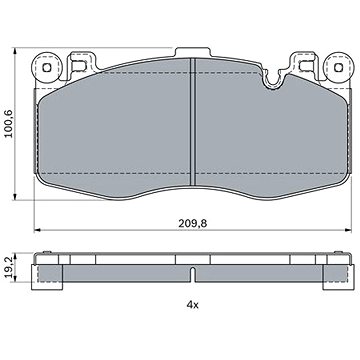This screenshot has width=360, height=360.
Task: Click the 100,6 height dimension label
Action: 8,124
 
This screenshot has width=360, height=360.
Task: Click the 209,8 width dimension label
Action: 192,224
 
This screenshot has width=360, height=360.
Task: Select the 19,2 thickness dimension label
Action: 10,267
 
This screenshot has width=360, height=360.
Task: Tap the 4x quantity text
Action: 192,304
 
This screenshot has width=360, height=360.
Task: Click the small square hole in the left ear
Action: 47,68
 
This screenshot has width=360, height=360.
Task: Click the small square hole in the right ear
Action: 338,68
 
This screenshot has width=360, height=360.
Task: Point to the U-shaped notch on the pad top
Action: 273,80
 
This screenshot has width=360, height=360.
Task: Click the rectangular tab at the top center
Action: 193,53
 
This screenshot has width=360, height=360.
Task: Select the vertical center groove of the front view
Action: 192,122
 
